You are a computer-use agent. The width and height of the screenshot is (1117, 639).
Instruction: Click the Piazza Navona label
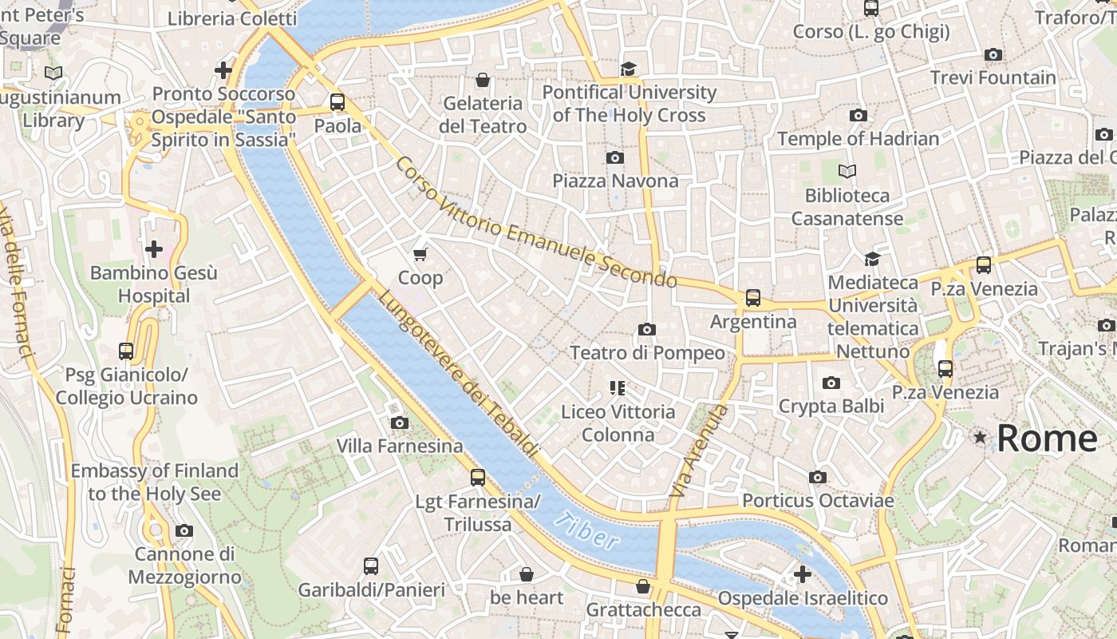pyautogui.click(x=615, y=181)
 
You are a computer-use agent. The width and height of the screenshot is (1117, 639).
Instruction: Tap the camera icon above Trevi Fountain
pyautogui.click(x=993, y=54)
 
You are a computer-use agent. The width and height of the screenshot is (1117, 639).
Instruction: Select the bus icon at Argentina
pyautogui.click(x=752, y=298)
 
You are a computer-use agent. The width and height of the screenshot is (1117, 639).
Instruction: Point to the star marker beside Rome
pyautogui.click(x=980, y=437)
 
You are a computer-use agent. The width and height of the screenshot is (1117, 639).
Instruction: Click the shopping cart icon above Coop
pyautogui.click(x=420, y=254)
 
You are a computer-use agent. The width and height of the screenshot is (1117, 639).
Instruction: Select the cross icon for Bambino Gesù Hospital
pyautogui.click(x=154, y=249)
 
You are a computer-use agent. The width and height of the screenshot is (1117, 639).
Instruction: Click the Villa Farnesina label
pyautogui.click(x=399, y=446)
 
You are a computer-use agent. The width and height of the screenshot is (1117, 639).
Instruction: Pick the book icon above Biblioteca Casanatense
pyautogui.click(x=847, y=171)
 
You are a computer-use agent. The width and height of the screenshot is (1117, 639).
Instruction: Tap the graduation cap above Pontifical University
pyautogui.click(x=629, y=69)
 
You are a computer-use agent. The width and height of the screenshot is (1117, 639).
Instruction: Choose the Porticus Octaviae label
pyautogui.click(x=818, y=501)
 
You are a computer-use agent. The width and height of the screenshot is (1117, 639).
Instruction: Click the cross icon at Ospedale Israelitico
pyautogui.click(x=803, y=574)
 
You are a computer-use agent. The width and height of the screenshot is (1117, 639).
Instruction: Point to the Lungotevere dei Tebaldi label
pyautogui.click(x=457, y=373)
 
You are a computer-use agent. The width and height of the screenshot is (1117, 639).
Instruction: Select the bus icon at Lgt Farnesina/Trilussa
pyautogui.click(x=478, y=478)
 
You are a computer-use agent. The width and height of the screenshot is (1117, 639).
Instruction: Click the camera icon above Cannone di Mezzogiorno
pyautogui.click(x=184, y=530)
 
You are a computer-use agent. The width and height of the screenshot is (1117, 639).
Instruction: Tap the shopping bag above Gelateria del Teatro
pyautogui.click(x=483, y=80)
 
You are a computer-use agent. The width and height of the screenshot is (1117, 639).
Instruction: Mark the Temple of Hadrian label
pyautogui.click(x=858, y=138)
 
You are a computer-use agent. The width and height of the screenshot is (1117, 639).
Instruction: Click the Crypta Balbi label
pyautogui.click(x=831, y=406)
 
